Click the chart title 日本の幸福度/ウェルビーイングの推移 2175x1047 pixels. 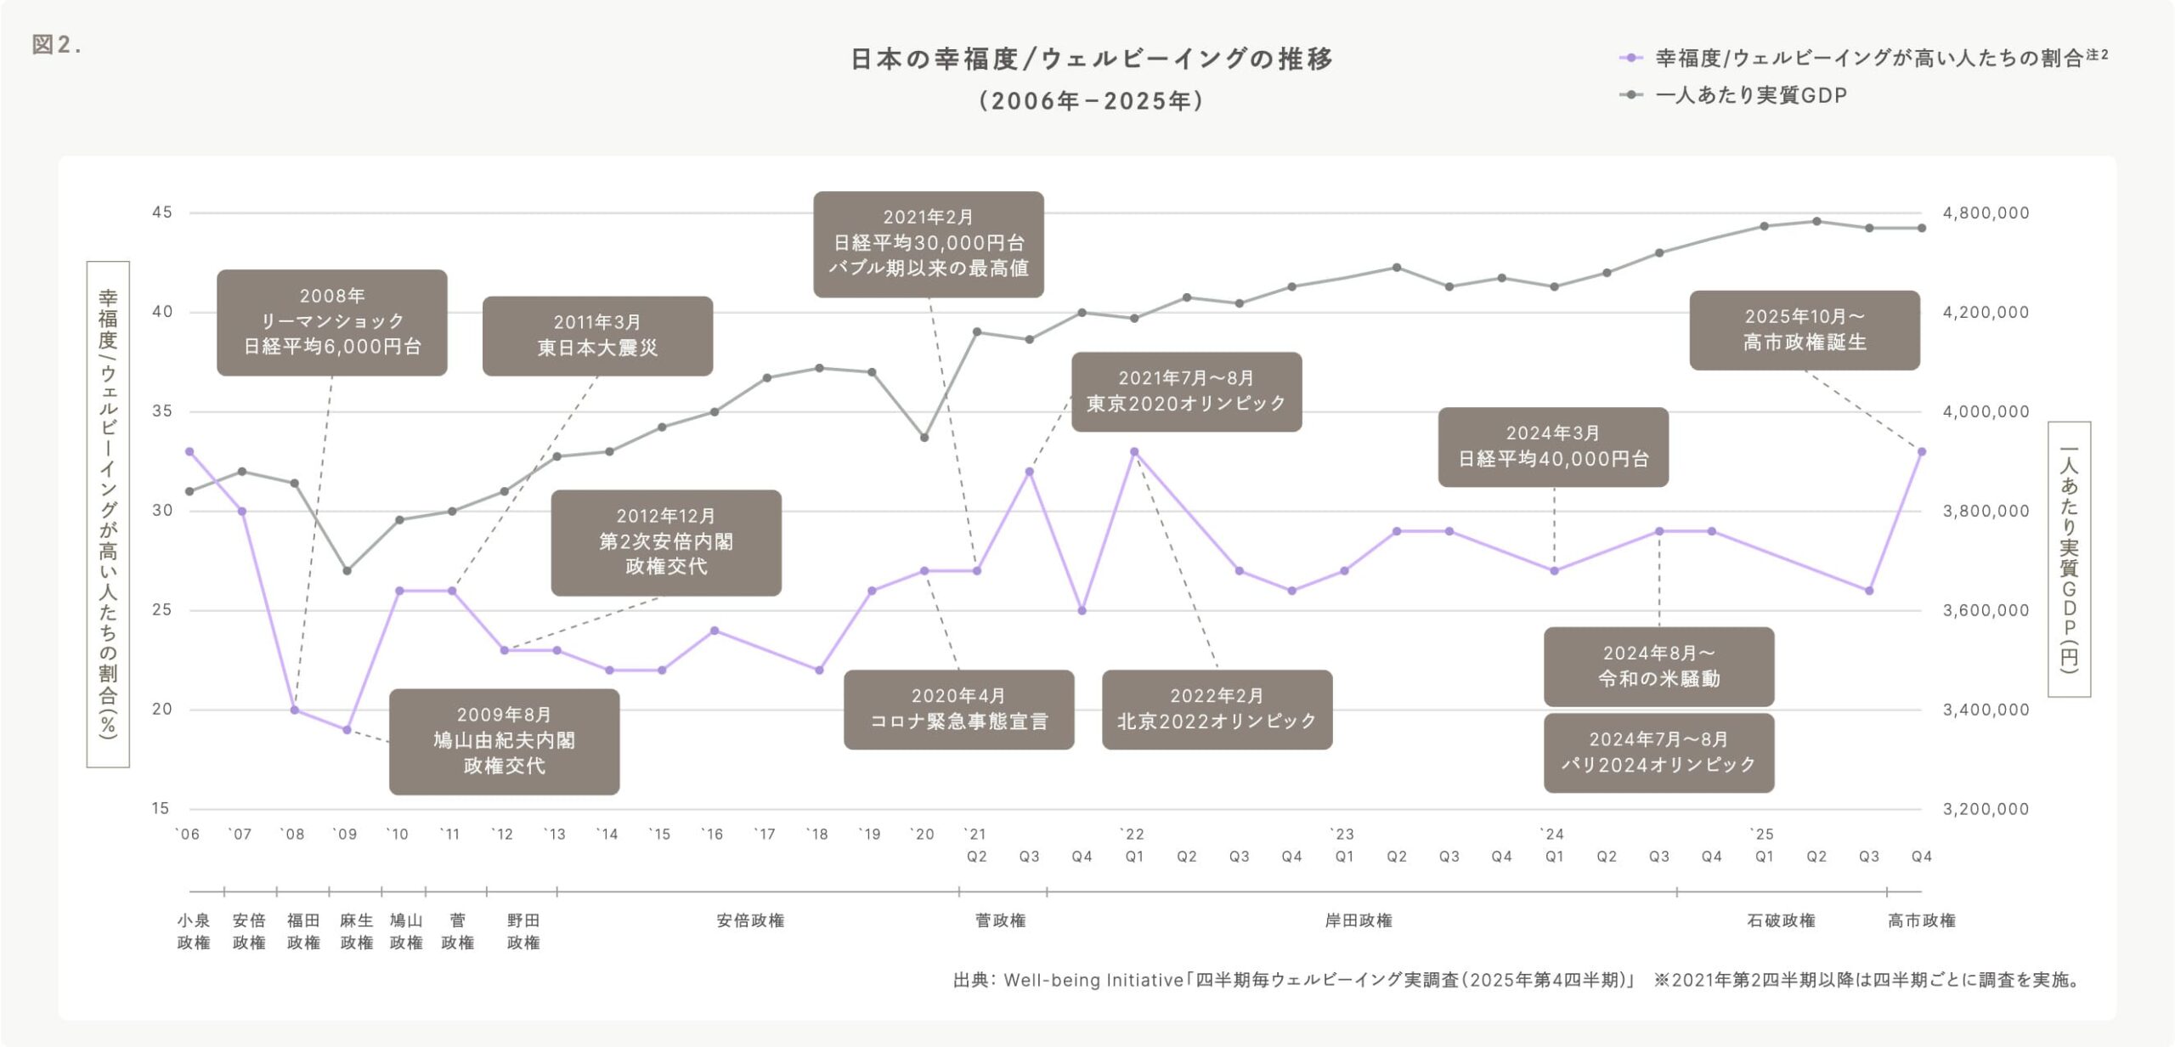(x=1092, y=59)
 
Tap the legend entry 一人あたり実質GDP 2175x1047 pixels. (x=1750, y=95)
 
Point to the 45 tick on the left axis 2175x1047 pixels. (x=161, y=212)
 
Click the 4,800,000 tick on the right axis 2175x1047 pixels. (x=1986, y=213)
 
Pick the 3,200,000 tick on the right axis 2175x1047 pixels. (x=1986, y=809)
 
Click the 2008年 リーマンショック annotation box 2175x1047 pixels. (x=331, y=322)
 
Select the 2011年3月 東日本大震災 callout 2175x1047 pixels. (x=597, y=336)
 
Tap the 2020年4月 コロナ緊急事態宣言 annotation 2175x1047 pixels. (x=958, y=709)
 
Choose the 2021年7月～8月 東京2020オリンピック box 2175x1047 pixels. (x=1186, y=391)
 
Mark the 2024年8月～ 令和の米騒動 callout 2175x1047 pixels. (x=1658, y=666)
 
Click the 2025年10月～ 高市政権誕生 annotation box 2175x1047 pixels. (x=1805, y=330)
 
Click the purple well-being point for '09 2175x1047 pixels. (x=347, y=730)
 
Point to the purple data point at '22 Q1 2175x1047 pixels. (x=1134, y=452)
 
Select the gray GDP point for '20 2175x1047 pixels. (x=924, y=438)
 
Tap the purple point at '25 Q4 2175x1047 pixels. (x=1922, y=452)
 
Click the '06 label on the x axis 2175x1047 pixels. (x=188, y=835)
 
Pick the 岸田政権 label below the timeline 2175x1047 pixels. (x=1359, y=920)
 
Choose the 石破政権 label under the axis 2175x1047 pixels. (x=1781, y=920)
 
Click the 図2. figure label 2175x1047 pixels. (x=56, y=45)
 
